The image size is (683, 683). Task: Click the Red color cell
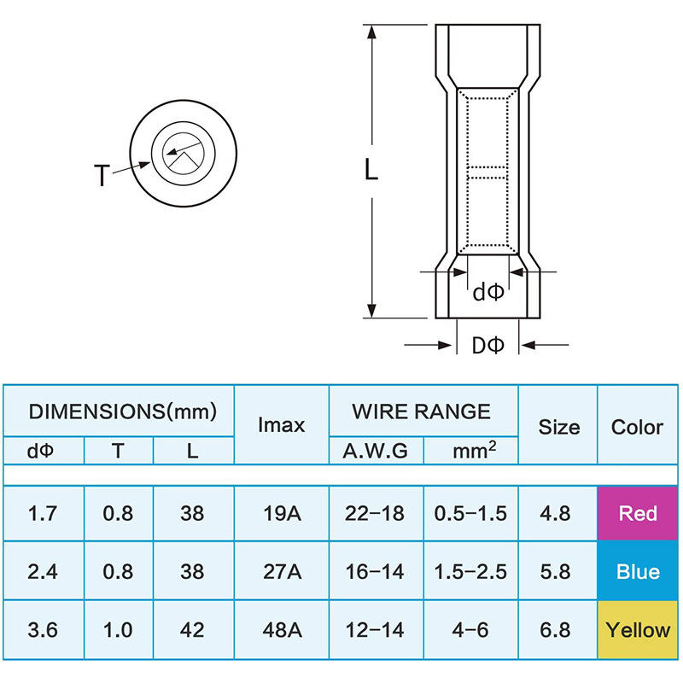pyautogui.click(x=637, y=513)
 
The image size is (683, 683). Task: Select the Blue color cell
pyautogui.click(x=637, y=571)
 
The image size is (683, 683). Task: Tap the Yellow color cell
pyautogui.click(x=637, y=630)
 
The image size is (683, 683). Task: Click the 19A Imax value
pyautogui.click(x=282, y=514)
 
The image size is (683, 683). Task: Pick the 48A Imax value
pyautogui.click(x=282, y=630)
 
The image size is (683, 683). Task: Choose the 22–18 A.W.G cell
pyautogui.click(x=375, y=514)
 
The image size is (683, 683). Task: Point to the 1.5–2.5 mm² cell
pyautogui.click(x=470, y=572)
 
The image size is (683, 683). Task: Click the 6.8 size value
pyautogui.click(x=555, y=630)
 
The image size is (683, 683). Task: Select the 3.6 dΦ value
pyautogui.click(x=42, y=630)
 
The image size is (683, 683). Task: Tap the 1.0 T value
pyautogui.click(x=118, y=630)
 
